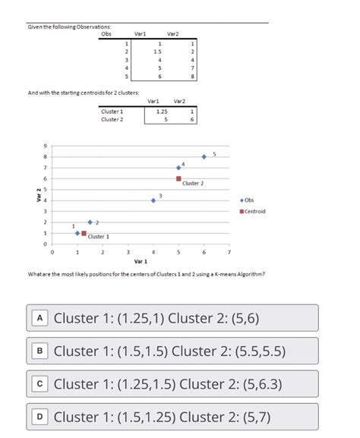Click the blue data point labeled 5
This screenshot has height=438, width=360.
204,156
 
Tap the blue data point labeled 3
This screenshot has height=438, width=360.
153,200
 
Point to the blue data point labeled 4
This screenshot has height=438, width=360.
178,167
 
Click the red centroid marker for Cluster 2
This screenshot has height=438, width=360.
178,178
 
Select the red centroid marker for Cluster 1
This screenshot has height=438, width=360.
84,234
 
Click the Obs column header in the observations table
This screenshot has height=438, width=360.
106,34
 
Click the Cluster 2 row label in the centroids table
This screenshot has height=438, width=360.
112,118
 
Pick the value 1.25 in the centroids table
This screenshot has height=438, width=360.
161,111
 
